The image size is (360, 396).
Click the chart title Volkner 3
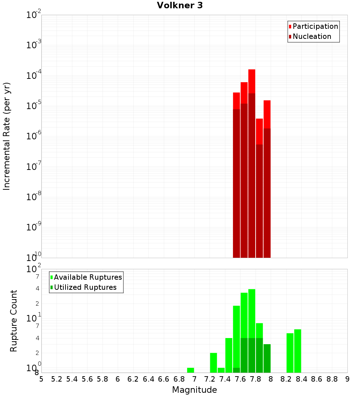tap(180, 5)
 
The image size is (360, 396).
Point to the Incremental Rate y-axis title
tap(7, 136)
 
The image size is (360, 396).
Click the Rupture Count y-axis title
tap(14, 321)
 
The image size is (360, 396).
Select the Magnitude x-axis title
tap(194, 390)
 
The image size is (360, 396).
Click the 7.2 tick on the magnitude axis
tap(210, 379)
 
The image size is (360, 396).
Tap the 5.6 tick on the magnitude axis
tap(87, 379)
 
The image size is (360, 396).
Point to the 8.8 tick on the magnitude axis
tap(332, 379)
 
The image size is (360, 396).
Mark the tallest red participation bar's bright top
tap(252, 81)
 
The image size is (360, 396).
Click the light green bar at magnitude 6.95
tap(190, 370)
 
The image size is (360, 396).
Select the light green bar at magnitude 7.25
tap(213, 363)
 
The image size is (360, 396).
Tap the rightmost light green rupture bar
tap(297, 351)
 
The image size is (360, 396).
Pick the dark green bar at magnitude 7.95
tap(267, 358)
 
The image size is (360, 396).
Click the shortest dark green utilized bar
tap(237, 370)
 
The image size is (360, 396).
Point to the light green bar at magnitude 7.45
tap(229, 355)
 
